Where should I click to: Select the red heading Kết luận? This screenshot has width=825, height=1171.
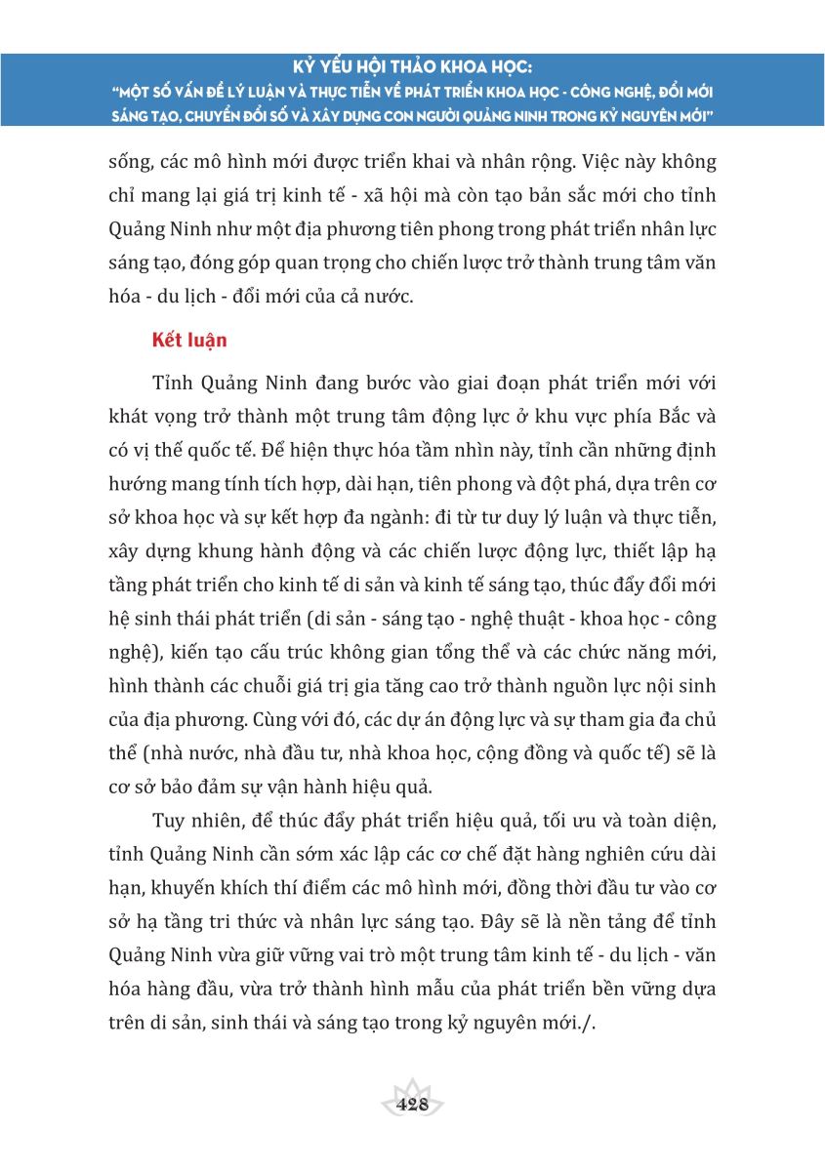(x=189, y=341)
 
